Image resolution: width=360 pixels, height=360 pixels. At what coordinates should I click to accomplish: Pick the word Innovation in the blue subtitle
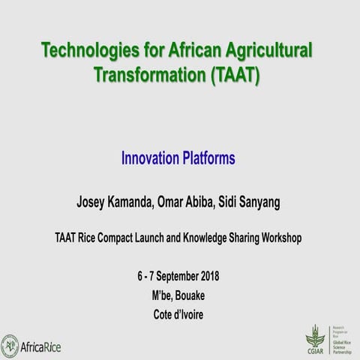click(150, 158)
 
